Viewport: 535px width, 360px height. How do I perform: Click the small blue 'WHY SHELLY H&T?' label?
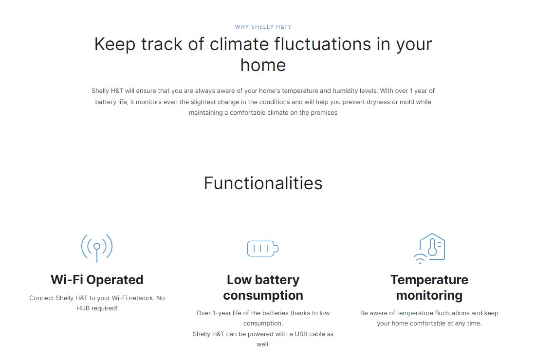(263, 27)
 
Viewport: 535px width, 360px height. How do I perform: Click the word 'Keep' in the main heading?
(115, 45)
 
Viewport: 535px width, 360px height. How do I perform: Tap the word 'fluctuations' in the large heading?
(322, 44)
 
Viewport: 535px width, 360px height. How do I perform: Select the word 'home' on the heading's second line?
(263, 65)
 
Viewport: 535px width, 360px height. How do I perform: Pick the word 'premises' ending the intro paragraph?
(324, 113)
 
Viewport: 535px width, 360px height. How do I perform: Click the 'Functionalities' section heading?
(263, 183)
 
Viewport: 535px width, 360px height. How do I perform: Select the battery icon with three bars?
(263, 248)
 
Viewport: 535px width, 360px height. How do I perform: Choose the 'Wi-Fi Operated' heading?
(97, 280)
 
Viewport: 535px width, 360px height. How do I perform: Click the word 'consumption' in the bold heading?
(263, 296)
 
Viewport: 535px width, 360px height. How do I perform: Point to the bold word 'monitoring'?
(429, 296)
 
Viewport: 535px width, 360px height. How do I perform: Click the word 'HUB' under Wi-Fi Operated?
(83, 308)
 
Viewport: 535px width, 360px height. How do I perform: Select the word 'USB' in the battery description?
(301, 334)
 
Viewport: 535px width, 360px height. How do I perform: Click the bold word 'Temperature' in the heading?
(429, 280)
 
